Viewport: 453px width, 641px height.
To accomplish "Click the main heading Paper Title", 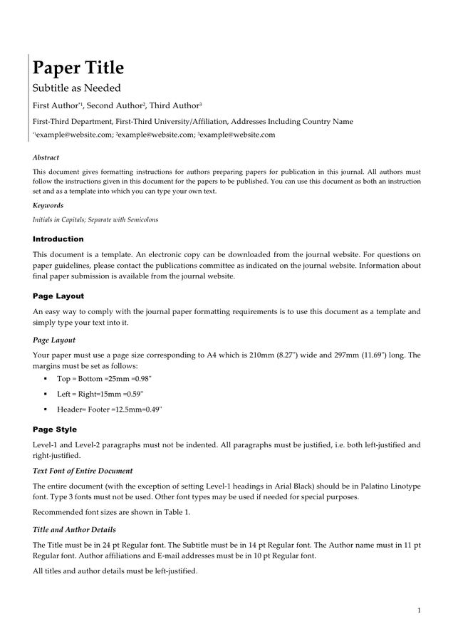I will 78,68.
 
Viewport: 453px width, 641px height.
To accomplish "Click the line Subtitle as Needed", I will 77,88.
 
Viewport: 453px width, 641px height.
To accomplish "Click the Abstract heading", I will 46,157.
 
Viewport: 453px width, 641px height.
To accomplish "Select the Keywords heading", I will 48,205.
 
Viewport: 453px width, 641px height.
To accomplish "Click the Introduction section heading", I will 58,239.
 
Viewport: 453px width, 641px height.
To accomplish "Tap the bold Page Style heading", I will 55,429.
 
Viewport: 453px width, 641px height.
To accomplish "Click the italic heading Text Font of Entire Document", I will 83,471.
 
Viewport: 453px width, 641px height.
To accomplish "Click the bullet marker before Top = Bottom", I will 46,379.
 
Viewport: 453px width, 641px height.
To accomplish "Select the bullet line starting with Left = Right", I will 100,394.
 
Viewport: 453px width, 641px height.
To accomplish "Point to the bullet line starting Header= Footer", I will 110,409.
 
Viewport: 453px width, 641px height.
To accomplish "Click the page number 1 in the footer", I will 420,610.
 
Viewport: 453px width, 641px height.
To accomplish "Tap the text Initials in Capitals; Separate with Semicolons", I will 95,219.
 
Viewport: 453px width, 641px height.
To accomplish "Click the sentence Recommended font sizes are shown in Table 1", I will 111,512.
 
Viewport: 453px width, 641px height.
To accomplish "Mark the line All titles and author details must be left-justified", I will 115,570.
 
